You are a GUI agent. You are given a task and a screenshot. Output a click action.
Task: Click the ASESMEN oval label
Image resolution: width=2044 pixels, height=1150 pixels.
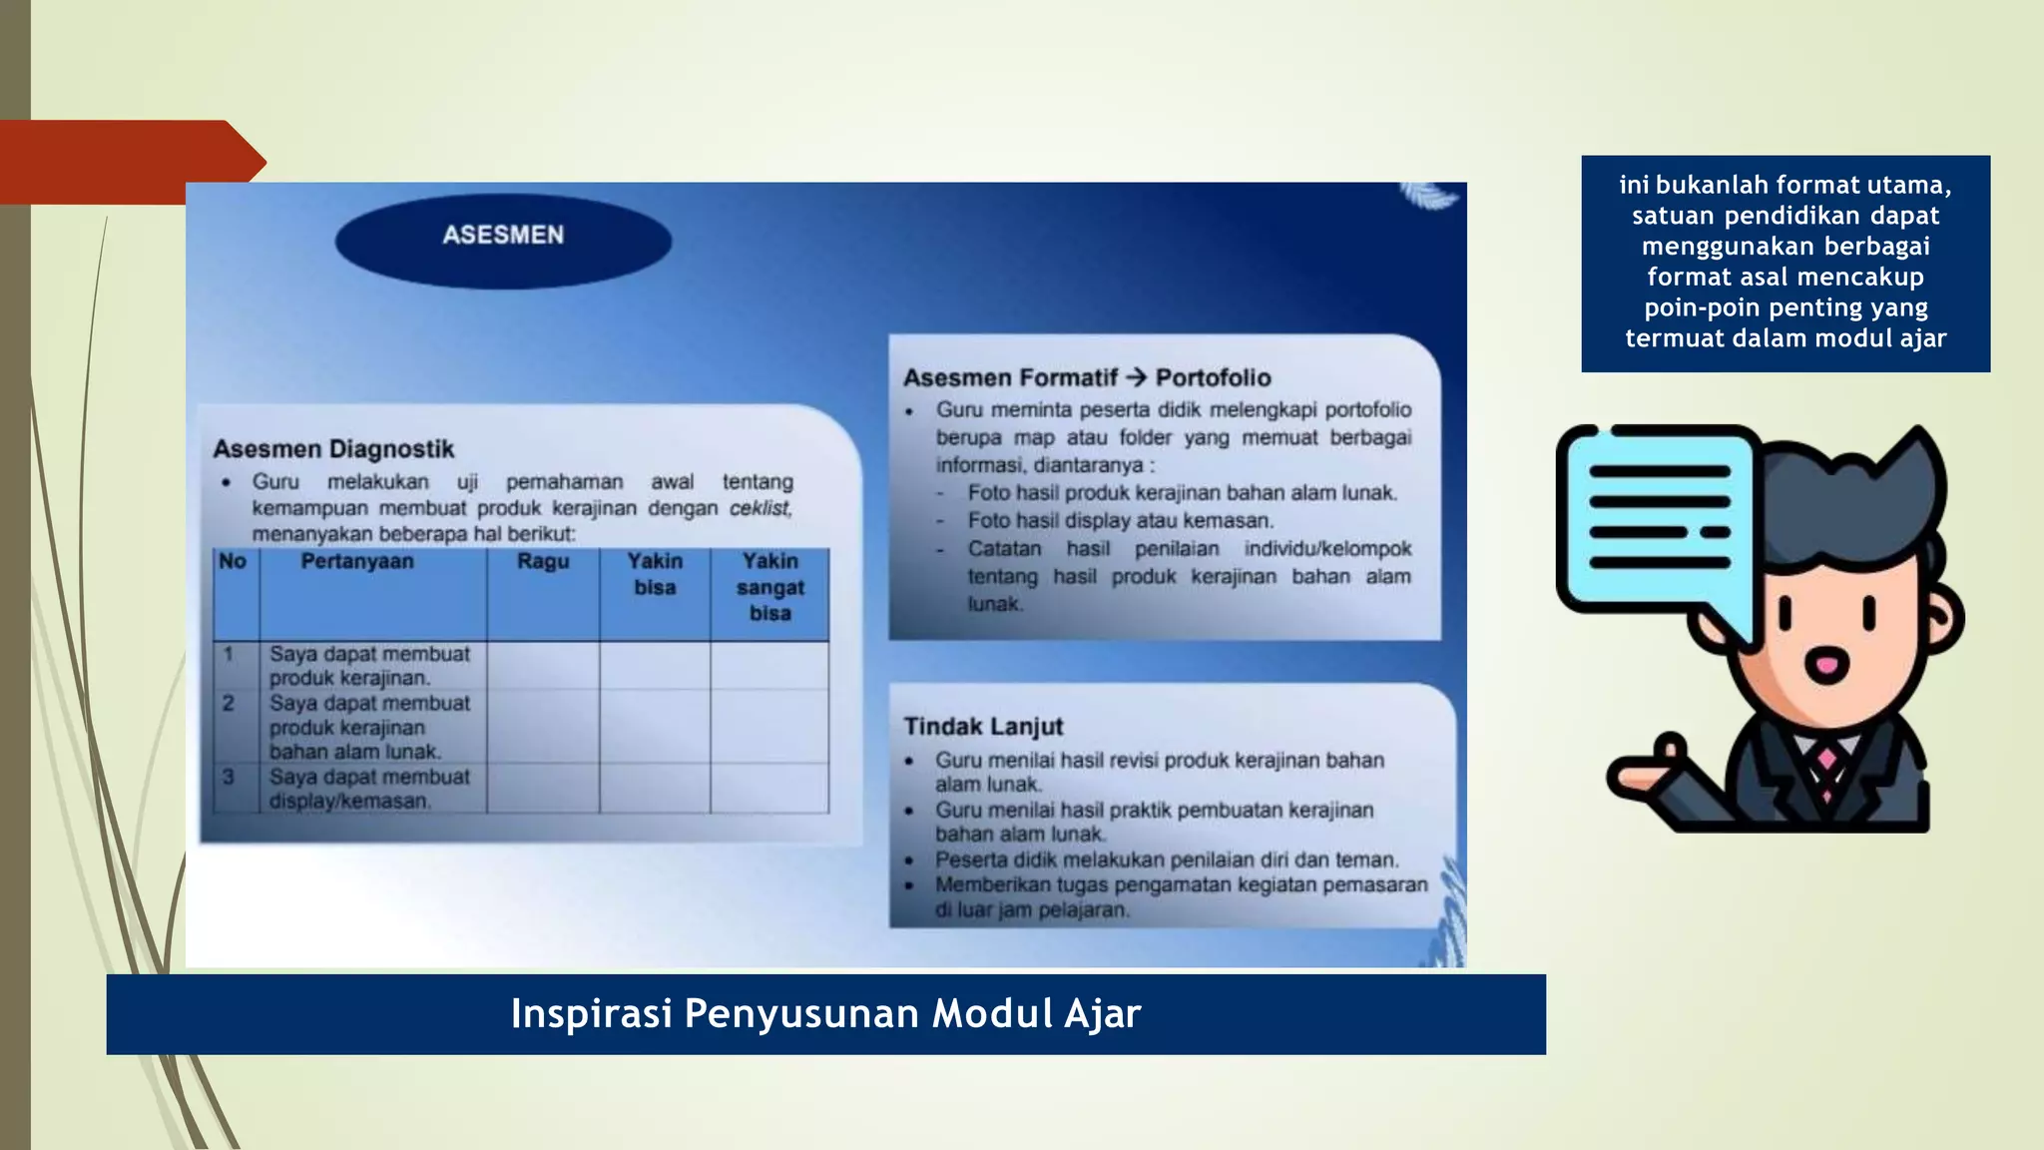(x=503, y=236)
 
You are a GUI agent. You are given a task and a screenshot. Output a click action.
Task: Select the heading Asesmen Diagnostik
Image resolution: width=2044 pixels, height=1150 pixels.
(x=333, y=449)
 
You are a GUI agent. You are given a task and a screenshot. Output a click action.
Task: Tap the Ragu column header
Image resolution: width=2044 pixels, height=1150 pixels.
(x=543, y=562)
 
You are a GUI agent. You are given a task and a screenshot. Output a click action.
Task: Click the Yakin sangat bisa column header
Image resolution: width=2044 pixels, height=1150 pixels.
(x=769, y=587)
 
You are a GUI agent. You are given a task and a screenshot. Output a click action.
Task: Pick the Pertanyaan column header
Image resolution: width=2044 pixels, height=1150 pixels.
(x=357, y=562)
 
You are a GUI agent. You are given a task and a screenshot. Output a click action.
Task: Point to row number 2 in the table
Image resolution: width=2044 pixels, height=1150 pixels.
(x=229, y=704)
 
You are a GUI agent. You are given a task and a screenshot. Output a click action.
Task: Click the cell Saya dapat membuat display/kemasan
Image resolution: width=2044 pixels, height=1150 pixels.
(x=369, y=789)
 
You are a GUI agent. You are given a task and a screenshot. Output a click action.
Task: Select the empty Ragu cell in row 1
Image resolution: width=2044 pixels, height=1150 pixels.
(x=543, y=666)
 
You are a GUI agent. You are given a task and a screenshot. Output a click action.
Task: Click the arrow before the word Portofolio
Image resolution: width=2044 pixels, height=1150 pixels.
(x=1136, y=377)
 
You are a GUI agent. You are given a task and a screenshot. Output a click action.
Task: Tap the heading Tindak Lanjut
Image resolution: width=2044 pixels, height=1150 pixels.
(x=983, y=727)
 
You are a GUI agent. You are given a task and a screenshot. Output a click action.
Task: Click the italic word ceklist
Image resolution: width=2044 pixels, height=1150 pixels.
(x=760, y=508)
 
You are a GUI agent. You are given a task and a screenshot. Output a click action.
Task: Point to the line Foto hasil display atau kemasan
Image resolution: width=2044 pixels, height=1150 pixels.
(x=1120, y=521)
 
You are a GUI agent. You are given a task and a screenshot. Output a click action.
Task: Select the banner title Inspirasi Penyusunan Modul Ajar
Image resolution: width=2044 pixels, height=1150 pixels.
(x=825, y=1014)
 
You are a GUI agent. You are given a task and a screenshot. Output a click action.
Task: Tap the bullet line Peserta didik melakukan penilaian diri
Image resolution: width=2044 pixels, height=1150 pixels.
(x=1166, y=860)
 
